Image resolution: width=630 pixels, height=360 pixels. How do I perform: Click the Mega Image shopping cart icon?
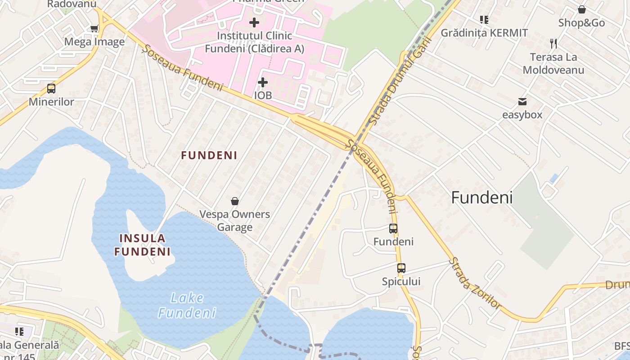click(94, 29)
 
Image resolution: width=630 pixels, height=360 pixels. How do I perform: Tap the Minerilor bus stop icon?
click(51, 89)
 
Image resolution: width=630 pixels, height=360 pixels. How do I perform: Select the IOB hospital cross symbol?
click(263, 82)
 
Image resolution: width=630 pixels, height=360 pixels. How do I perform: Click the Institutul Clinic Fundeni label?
click(254, 42)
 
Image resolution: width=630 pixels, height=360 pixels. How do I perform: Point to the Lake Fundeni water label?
click(187, 305)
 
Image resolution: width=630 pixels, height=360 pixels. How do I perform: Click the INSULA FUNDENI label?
click(142, 245)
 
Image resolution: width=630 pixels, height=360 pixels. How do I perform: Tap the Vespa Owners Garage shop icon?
click(234, 201)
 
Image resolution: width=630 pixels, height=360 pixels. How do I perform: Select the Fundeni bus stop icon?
click(393, 229)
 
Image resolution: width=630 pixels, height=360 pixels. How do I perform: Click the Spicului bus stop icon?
click(401, 268)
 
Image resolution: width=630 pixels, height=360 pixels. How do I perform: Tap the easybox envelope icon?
click(522, 102)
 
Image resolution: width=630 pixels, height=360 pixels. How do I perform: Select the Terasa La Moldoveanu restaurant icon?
click(553, 44)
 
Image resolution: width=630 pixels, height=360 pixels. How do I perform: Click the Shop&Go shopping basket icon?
click(581, 9)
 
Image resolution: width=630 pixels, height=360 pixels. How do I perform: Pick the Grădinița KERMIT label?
click(484, 33)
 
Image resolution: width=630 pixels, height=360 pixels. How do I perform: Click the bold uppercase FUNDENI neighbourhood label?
click(209, 155)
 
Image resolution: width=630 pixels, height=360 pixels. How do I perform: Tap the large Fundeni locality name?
click(481, 198)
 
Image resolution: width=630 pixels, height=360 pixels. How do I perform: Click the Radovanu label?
click(72, 4)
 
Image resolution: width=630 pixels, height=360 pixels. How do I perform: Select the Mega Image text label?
click(94, 42)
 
